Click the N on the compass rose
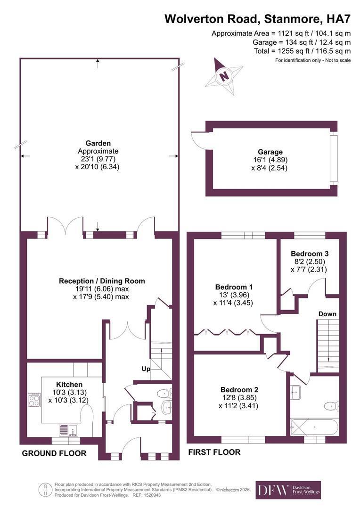pyautogui.click(x=224, y=77)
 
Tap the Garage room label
pyautogui.click(x=270, y=152)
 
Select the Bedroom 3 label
pyautogui.click(x=310, y=254)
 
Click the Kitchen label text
pyautogui.click(x=69, y=385)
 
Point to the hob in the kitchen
pyautogui.click(x=34, y=400)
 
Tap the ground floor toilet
pyautogui.click(x=164, y=394)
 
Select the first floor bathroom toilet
pyautogui.click(x=332, y=405)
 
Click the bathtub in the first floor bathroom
pyautogui.click(x=315, y=427)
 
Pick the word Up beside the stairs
pyautogui.click(x=146, y=369)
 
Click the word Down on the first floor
pyautogui.click(x=327, y=314)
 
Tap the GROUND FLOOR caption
pyautogui.click(x=54, y=453)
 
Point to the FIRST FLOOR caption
pyautogui.click(x=214, y=452)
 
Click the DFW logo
pyautogui.click(x=288, y=490)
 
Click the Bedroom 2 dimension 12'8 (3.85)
pyautogui.click(x=238, y=397)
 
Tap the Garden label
pyautogui.click(x=98, y=143)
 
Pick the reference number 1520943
pyautogui.click(x=151, y=495)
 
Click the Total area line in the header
pyautogui.click(x=302, y=51)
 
